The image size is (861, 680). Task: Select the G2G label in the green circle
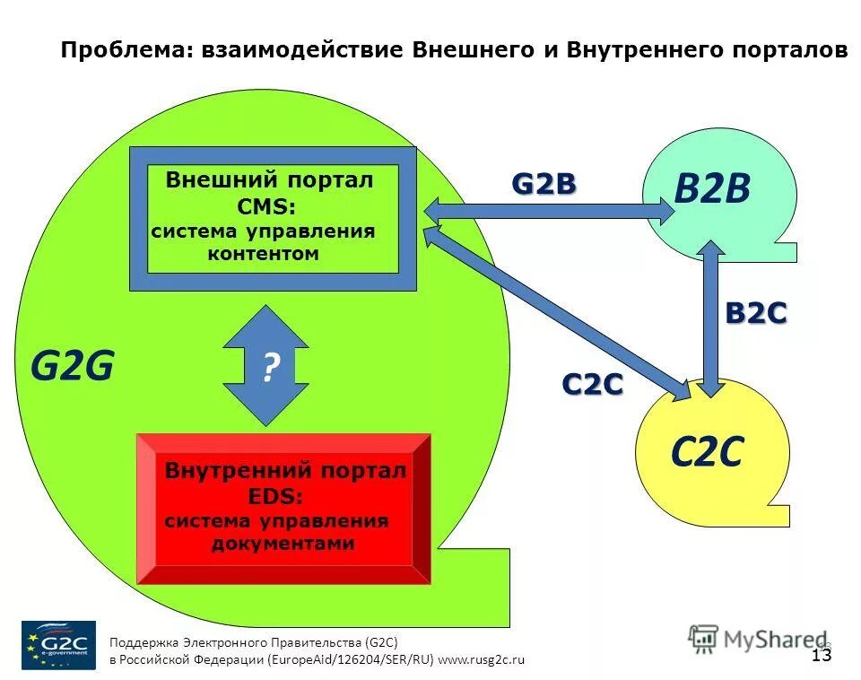(73, 366)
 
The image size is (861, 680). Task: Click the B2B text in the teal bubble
(712, 190)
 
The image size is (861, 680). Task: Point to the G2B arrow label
(544, 184)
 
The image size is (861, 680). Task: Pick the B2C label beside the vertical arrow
(755, 313)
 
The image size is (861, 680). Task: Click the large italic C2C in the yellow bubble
(707, 453)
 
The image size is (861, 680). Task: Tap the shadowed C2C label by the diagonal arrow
(592, 384)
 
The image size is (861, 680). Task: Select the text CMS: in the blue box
(266, 206)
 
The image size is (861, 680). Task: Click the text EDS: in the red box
(274, 496)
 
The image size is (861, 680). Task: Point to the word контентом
(263, 254)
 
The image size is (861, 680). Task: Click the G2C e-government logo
(58, 644)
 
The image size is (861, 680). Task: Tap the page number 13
(822, 655)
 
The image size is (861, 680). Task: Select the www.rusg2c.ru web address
(481, 659)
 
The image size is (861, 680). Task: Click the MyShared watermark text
(762, 640)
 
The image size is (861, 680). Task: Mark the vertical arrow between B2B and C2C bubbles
(712, 318)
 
